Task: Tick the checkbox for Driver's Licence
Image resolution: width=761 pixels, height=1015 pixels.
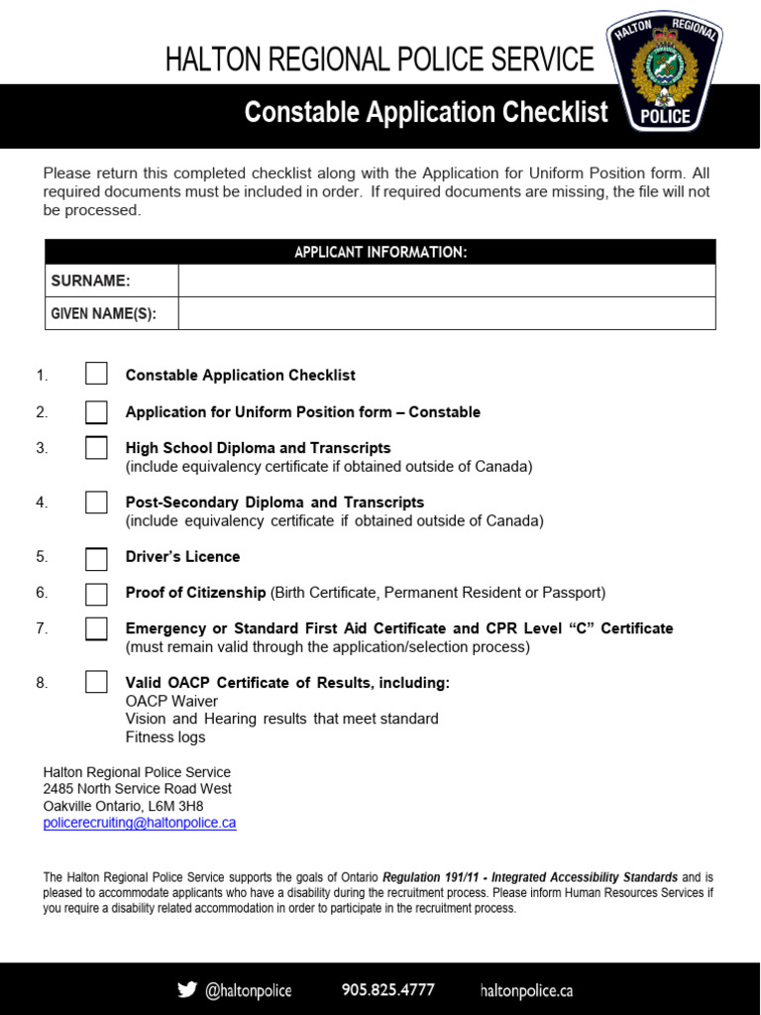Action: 96,558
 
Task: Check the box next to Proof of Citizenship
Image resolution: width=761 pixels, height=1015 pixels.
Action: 96,594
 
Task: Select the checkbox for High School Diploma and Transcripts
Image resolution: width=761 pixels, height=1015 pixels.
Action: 96,448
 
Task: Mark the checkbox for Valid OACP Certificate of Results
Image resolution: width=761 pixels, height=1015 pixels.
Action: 96,682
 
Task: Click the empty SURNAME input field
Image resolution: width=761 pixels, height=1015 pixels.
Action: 446,281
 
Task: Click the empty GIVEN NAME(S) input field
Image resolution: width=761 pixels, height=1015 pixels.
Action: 446,314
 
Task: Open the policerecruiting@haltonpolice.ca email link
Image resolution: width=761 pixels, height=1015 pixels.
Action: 140,824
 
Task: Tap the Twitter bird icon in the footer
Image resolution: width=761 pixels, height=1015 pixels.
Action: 186,989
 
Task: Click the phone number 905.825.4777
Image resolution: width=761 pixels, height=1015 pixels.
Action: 387,990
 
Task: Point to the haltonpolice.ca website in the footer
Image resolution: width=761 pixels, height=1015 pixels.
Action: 526,990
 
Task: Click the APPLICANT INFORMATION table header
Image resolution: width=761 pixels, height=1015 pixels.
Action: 380,253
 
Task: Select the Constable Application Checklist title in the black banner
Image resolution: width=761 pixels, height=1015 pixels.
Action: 426,113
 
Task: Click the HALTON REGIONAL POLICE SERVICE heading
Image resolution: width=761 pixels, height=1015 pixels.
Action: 380,60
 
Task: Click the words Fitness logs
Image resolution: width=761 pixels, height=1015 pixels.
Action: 165,736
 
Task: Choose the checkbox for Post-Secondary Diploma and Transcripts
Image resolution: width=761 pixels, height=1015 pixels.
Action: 96,503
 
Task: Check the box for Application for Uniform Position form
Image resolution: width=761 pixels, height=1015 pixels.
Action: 96,412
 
